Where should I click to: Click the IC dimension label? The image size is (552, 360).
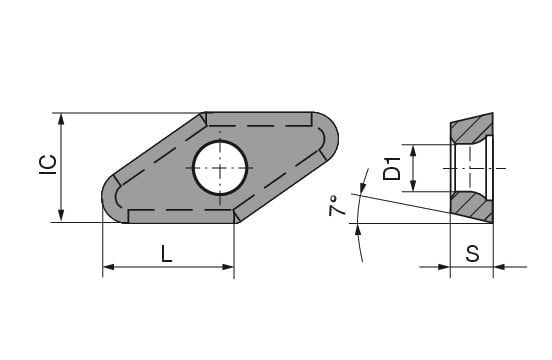(x=48, y=165)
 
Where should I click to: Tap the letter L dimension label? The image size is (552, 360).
(x=167, y=254)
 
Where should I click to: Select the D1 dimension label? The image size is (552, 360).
(x=392, y=169)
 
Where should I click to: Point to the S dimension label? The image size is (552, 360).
(x=472, y=253)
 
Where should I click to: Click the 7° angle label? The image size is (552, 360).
(x=337, y=206)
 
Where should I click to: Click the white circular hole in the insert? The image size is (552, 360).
(x=220, y=168)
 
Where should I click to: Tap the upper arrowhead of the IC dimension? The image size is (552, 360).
(x=61, y=120)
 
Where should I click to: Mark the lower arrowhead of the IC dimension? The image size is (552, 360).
(x=61, y=216)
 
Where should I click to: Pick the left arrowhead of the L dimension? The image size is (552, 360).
(x=108, y=267)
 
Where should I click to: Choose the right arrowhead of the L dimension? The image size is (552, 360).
(x=228, y=267)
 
